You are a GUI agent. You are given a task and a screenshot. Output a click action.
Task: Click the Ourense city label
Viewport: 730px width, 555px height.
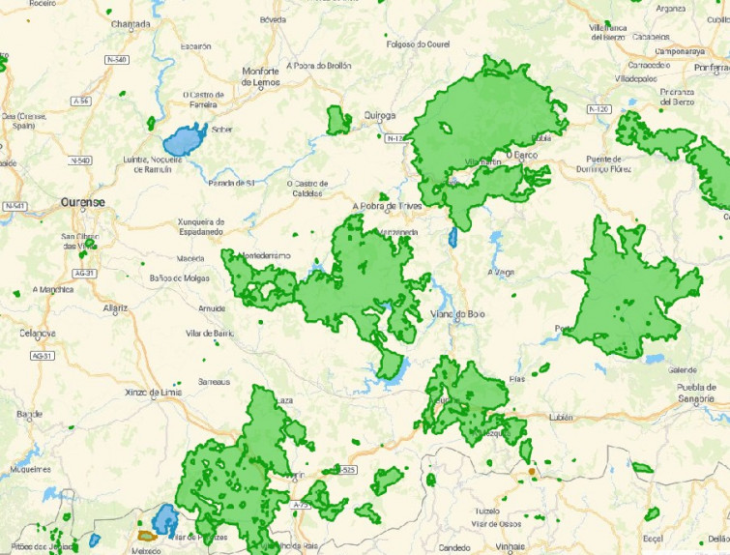point(81,202)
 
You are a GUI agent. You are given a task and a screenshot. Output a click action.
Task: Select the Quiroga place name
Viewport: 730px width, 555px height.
point(380,115)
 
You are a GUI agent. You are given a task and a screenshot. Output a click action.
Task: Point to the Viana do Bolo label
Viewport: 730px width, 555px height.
point(456,313)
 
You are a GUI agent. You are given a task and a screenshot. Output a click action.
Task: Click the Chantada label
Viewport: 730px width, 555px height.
point(131,23)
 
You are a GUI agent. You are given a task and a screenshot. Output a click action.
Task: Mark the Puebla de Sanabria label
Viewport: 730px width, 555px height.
point(683,391)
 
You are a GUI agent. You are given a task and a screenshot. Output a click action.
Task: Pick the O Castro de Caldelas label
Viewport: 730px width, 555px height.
point(308,188)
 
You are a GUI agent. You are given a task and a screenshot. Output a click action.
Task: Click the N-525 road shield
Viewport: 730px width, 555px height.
point(345,470)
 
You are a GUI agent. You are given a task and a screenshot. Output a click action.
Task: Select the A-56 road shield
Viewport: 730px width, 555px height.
point(83,100)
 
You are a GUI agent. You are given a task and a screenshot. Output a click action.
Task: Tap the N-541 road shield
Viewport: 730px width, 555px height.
point(15,206)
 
